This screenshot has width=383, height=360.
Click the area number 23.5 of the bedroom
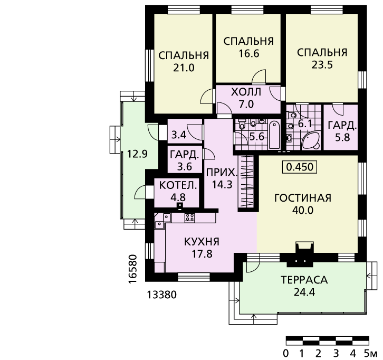[x=322, y=65]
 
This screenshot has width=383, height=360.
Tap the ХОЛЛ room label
[x=246, y=92]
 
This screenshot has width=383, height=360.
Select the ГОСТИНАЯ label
[x=303, y=198]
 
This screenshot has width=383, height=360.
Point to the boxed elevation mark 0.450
[x=300, y=167]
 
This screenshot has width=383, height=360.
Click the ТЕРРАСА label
[x=304, y=280]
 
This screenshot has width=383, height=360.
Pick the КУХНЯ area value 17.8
[x=202, y=254]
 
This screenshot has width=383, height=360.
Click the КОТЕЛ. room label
[x=178, y=185]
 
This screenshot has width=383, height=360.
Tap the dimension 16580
[x=132, y=269]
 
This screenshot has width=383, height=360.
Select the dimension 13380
[x=161, y=295]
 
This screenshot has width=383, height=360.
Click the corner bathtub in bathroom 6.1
[x=311, y=141]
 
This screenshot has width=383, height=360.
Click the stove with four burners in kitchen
[x=190, y=217]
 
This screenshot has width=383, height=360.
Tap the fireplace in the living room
[x=304, y=254]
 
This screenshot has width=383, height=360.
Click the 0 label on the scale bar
[x=286, y=353]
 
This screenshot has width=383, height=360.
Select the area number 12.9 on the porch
[x=137, y=154]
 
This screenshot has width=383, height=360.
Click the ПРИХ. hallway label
[x=222, y=173]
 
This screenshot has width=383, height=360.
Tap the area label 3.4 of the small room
[x=179, y=135]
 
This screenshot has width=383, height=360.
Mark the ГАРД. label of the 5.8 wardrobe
[x=342, y=125]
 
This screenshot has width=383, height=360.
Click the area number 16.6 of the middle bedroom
[x=248, y=53]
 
